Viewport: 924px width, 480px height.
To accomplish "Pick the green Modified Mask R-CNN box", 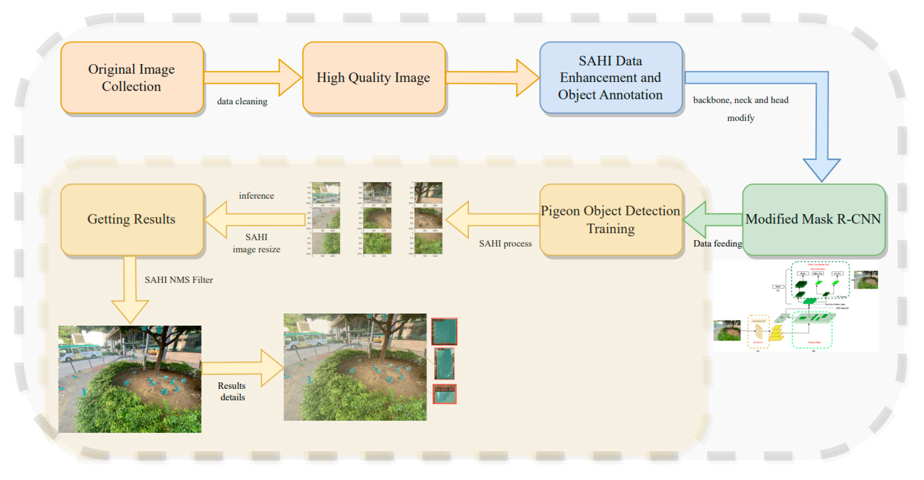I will click(x=813, y=220).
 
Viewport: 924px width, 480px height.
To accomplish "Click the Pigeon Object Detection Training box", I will click(x=610, y=220).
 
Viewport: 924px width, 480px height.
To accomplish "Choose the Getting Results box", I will click(x=132, y=220).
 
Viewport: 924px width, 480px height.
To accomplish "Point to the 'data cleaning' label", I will click(x=242, y=101).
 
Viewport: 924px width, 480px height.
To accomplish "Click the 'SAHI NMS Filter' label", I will click(x=179, y=280).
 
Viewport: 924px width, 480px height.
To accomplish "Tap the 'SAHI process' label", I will click(x=505, y=244).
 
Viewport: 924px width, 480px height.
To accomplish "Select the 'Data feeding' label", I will click(x=717, y=244).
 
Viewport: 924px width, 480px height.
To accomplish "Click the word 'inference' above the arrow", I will click(x=257, y=196).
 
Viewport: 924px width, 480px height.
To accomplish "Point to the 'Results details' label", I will click(x=232, y=392).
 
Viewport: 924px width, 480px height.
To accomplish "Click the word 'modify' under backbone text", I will click(x=740, y=118).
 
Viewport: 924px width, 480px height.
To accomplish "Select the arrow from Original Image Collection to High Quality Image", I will click(x=251, y=77).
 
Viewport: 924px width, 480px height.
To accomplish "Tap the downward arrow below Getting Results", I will click(x=130, y=290).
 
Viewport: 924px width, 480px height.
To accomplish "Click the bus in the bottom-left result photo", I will click(x=80, y=352).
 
